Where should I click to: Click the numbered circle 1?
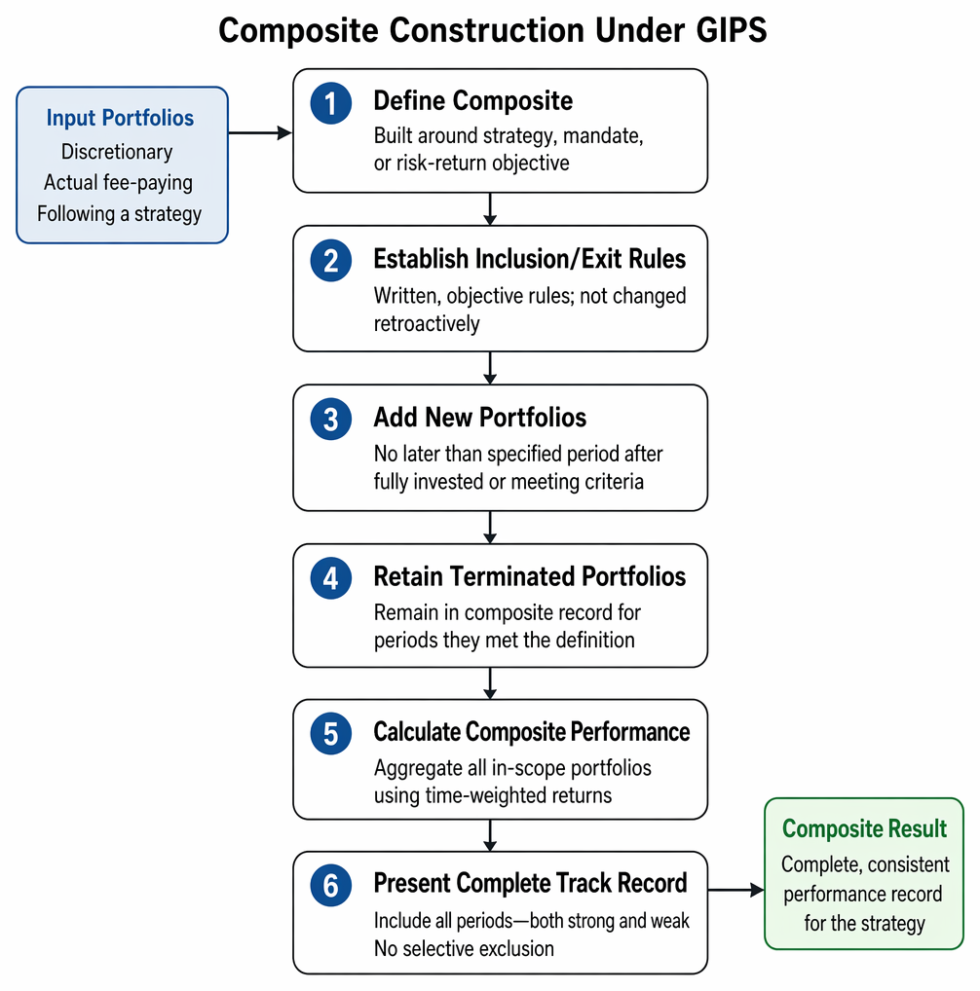coord(330,103)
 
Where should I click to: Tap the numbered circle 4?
coord(330,578)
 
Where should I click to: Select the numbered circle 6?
coord(330,886)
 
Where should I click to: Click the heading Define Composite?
coord(472,101)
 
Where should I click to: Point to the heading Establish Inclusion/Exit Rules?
coord(530,259)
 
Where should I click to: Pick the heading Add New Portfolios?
coord(480,418)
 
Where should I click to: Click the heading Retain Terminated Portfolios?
coord(530,576)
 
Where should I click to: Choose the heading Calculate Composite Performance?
coord(532,732)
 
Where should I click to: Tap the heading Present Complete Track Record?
coord(531,884)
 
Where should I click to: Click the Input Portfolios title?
coord(120,118)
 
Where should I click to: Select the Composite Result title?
coord(864,828)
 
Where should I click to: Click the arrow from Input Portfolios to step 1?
coord(260,132)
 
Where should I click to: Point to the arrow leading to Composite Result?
coord(735,890)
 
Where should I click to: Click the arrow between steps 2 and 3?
coord(490,368)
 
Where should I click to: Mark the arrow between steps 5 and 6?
coord(490,835)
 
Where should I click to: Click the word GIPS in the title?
coord(732,30)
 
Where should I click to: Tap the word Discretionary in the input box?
coord(117,152)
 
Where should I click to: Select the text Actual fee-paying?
coord(118,183)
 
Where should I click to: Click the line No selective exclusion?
coord(464,949)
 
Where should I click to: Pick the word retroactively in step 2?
coord(427,324)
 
